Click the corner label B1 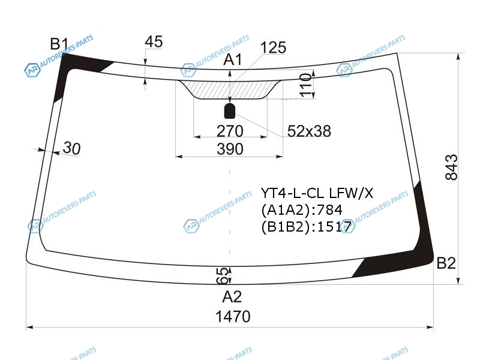[x=59, y=44]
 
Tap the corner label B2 [x=446, y=263]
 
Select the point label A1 [x=233, y=59]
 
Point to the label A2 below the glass [x=232, y=296]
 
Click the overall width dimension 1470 [x=233, y=316]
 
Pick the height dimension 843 [x=451, y=167]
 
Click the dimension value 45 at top [x=154, y=41]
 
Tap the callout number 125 [x=273, y=47]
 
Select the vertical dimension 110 [x=306, y=85]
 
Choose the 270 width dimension [x=230, y=131]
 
